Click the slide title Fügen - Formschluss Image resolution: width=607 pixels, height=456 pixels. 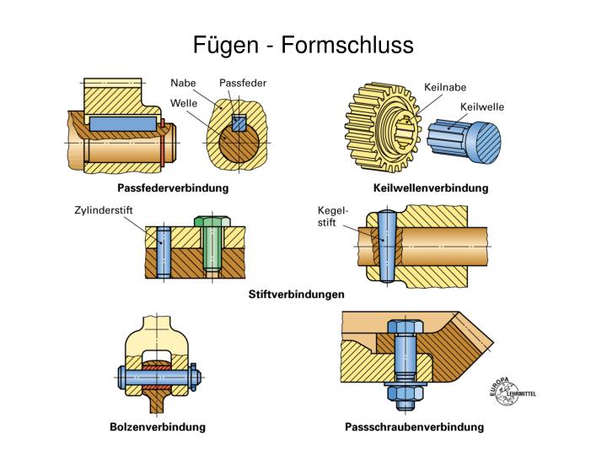[303, 44]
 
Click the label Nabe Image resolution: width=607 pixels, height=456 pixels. [183, 83]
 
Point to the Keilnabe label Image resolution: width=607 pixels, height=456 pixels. [444, 86]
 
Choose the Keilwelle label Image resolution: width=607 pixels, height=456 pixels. [481, 107]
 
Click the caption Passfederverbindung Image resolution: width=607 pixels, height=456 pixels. [172, 188]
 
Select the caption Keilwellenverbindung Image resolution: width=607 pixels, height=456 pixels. [430, 188]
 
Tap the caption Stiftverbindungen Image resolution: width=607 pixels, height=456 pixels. [297, 295]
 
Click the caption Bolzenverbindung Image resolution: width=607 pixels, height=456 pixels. [158, 426]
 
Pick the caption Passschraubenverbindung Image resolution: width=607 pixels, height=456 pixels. [415, 426]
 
